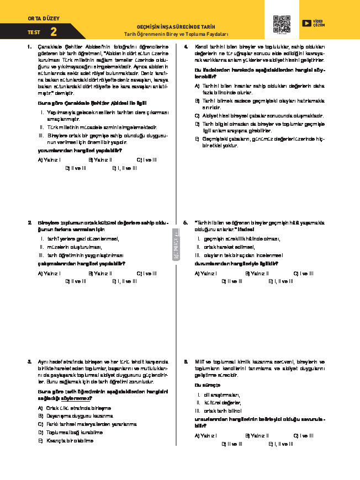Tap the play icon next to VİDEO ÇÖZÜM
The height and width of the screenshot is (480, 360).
click(306, 23)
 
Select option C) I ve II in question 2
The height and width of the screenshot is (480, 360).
click(146, 273)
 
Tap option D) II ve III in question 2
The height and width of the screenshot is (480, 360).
click(76, 281)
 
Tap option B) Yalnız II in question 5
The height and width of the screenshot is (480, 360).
click(257, 273)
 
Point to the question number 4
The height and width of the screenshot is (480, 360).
click(186, 46)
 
